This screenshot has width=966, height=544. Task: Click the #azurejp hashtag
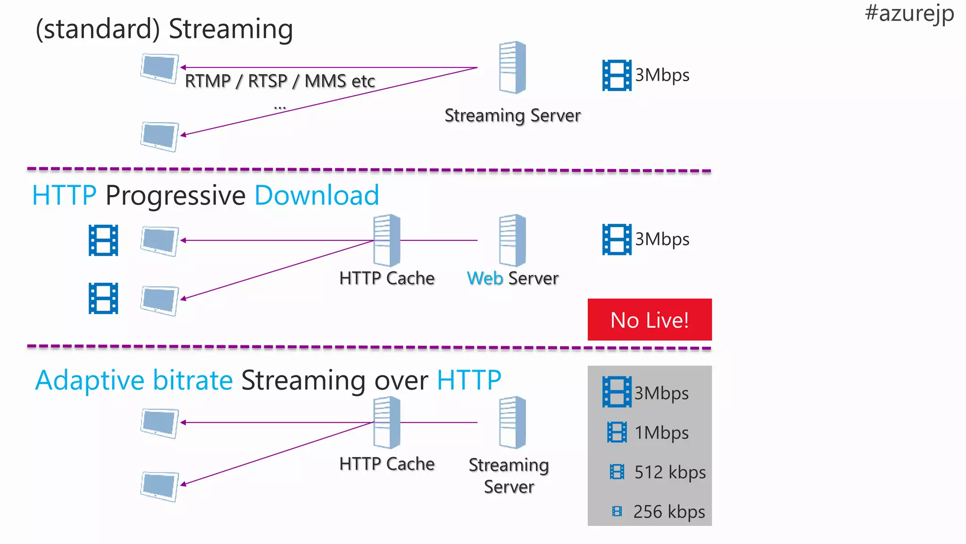909,13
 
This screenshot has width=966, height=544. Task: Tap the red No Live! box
649,320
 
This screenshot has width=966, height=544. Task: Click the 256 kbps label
669,511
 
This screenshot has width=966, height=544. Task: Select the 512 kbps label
670,472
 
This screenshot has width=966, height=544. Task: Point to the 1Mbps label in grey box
661,433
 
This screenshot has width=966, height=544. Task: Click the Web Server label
512,278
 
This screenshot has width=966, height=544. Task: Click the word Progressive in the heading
175,195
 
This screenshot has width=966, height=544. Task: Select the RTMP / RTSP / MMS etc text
280,81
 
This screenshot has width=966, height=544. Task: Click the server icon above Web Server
512,240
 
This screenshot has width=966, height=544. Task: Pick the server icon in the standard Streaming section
512,68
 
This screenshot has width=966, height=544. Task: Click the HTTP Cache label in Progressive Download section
387,278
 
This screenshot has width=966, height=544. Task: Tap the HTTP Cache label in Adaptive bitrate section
387,464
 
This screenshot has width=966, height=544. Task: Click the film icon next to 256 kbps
616,511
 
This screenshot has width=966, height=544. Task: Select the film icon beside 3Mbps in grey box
616,392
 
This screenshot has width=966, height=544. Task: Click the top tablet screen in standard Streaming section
159,68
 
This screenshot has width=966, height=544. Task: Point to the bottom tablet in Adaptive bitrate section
159,486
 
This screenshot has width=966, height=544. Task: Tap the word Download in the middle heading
316,195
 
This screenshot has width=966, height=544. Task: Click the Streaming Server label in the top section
512,116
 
